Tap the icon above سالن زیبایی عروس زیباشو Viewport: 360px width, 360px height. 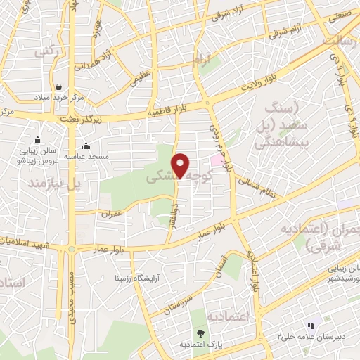pyautogui.click(x=37, y=139)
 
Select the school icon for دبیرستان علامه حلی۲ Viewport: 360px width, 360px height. pyautogui.click(x=309, y=326)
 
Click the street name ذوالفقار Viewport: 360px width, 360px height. pyautogui.click(x=171, y=217)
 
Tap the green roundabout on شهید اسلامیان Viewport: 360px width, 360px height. pyautogui.click(x=71, y=248)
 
